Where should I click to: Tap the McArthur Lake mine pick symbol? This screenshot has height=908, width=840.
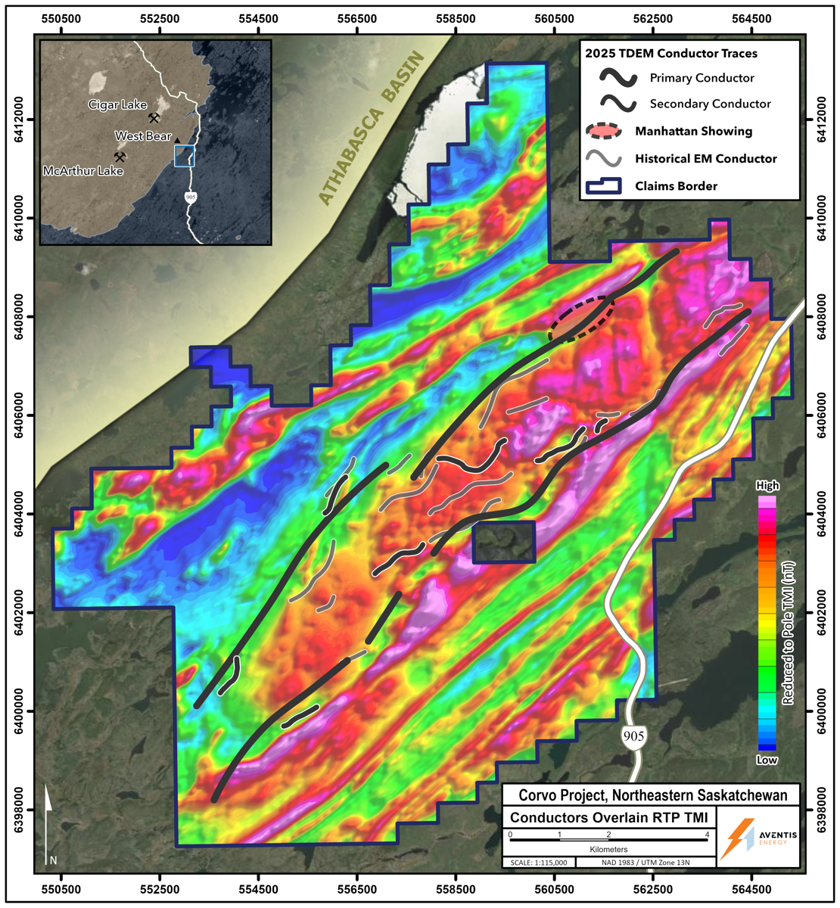coord(120,157)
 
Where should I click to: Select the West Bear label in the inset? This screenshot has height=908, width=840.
coord(143,136)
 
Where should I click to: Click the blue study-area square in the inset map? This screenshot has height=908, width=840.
coord(185,156)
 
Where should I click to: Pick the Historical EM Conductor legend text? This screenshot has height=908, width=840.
coord(705,159)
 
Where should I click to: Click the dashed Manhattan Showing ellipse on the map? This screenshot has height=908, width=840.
coord(581,319)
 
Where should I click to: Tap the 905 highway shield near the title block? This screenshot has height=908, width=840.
coord(634,735)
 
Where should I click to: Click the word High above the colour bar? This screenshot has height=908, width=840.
coord(767,486)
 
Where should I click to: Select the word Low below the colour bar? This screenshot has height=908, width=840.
coord(767,760)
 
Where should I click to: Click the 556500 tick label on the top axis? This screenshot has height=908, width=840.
coord(358,17)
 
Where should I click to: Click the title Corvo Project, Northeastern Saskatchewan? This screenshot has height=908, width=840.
coord(652,795)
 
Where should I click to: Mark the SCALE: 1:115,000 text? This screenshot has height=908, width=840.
coord(537,863)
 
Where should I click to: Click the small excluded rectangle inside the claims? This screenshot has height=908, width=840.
coord(504,542)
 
